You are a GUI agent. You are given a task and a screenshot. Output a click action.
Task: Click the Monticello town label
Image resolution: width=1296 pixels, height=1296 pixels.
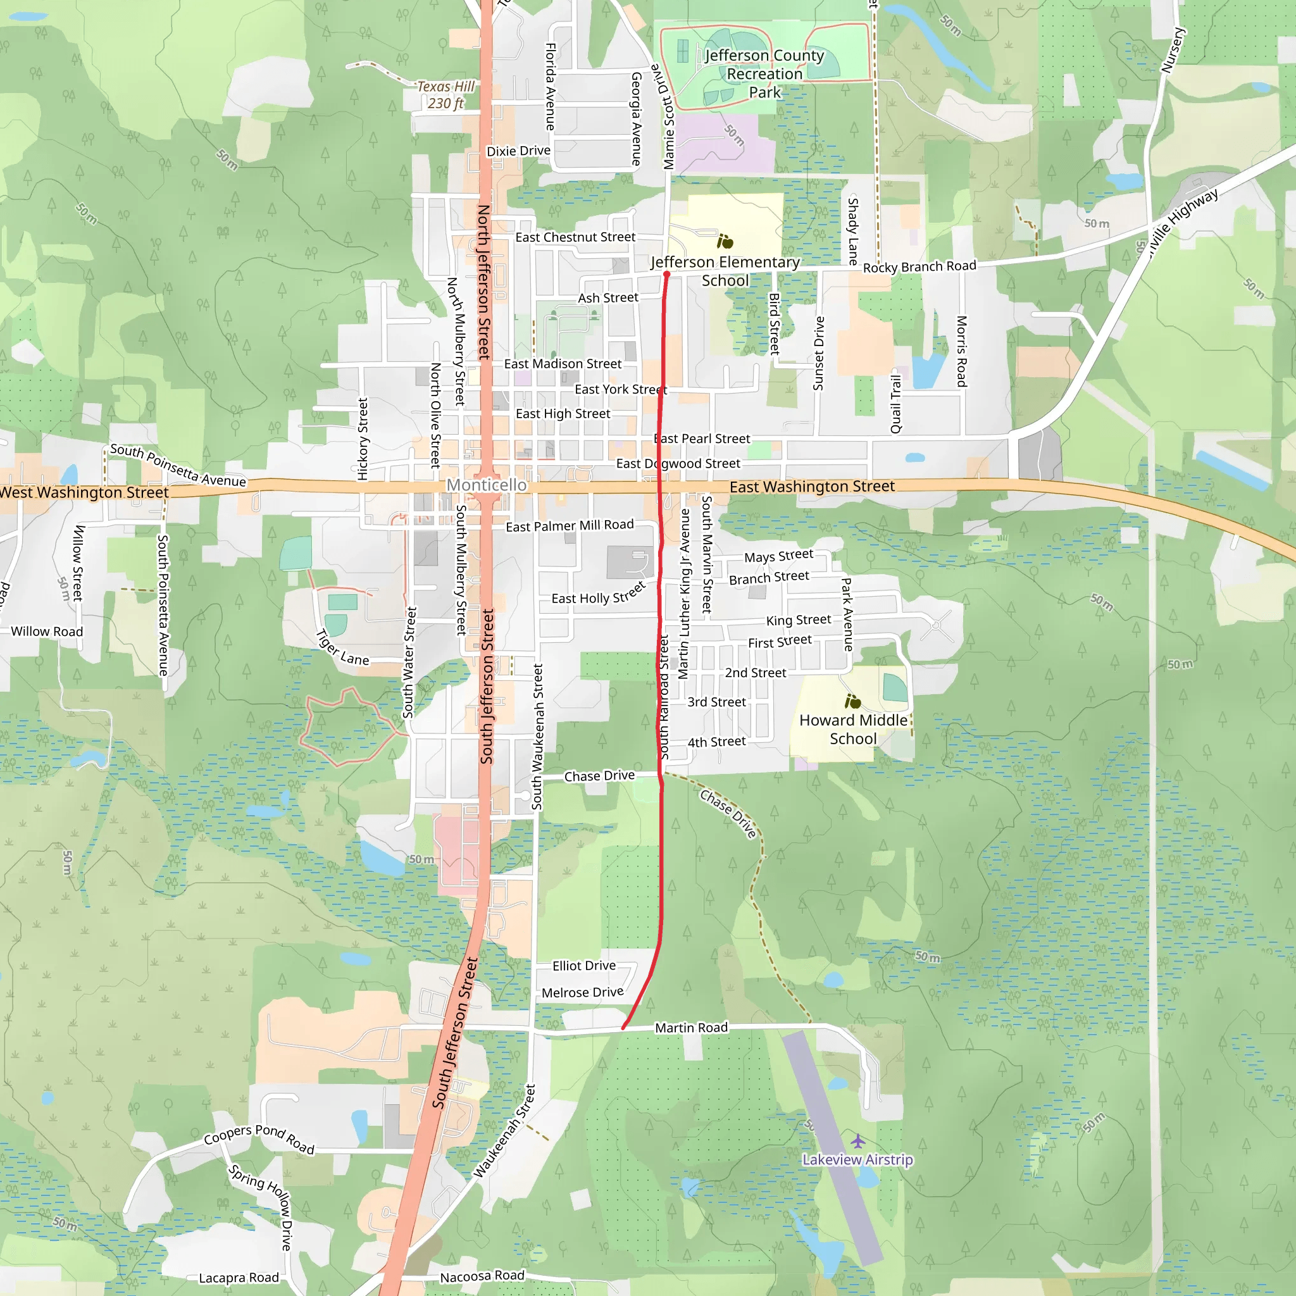tap(487, 485)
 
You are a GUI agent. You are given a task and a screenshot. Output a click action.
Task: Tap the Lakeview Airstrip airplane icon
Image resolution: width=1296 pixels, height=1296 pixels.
tap(857, 1140)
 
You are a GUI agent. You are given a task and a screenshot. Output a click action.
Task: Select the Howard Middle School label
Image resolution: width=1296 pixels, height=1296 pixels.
tap(852, 729)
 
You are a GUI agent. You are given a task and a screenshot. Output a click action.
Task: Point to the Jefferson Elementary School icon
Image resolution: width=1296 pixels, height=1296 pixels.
tap(725, 242)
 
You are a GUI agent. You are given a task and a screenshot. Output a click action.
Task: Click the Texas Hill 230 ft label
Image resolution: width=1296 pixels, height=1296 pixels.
tap(446, 94)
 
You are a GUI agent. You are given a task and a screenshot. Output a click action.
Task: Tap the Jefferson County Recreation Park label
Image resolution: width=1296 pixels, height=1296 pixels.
tap(764, 74)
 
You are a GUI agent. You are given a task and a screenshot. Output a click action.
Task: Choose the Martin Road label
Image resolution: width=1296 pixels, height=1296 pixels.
tap(691, 1028)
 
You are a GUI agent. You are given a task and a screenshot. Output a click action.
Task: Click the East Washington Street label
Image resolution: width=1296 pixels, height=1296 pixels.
tap(812, 487)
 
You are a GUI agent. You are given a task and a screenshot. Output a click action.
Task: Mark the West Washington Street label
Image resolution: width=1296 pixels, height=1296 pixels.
tap(84, 492)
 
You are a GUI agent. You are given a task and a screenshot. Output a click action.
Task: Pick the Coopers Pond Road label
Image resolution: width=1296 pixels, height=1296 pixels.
tap(259, 1138)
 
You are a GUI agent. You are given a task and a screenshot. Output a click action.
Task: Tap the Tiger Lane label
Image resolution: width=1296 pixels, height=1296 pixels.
tap(342, 649)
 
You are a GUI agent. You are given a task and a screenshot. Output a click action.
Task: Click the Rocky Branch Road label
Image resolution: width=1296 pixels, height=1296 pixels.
tap(919, 266)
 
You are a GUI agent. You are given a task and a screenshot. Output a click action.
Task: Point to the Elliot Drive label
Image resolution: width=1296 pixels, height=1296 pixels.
tap(583, 966)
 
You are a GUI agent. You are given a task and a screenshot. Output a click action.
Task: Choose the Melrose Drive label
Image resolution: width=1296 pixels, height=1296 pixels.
tap(582, 992)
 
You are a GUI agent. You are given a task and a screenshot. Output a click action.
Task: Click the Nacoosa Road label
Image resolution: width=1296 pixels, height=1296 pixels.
tap(482, 1276)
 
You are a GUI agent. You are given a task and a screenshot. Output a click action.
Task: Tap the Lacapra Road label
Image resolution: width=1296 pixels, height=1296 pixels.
tap(239, 1278)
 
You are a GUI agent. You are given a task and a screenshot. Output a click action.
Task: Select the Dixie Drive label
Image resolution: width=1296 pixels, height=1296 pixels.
tap(518, 151)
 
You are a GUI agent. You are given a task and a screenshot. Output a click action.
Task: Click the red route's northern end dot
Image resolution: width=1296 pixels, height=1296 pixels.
tap(667, 275)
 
